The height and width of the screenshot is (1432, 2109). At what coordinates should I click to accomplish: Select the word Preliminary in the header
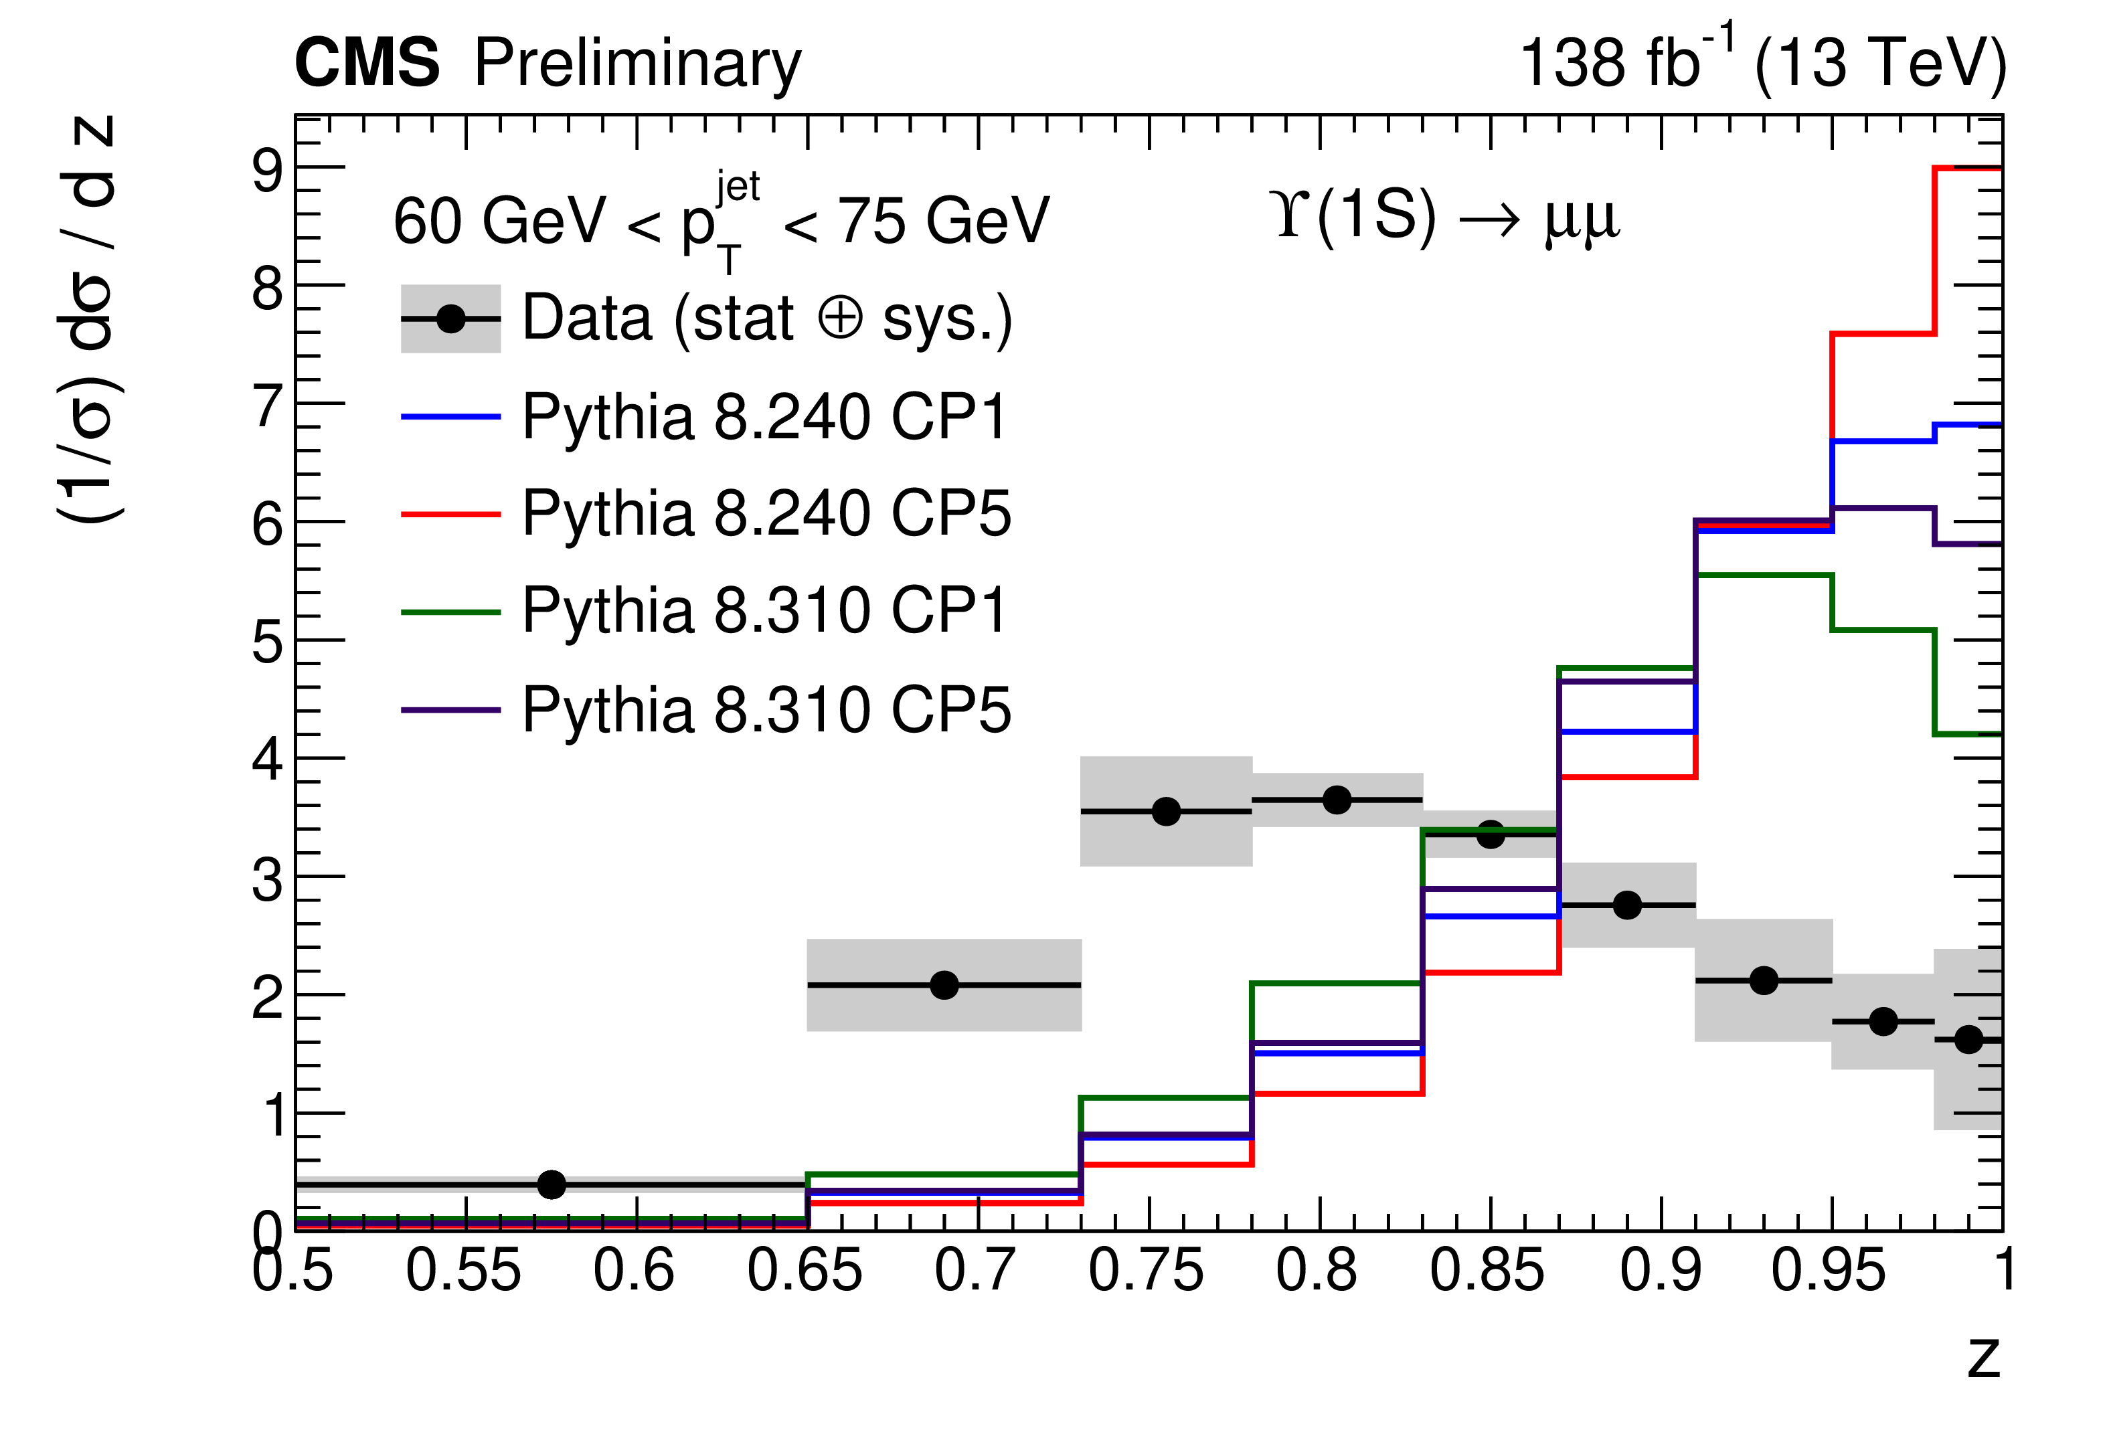[x=637, y=66]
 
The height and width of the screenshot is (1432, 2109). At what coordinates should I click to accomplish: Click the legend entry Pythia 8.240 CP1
[x=765, y=418]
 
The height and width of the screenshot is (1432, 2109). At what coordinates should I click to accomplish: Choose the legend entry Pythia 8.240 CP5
[x=767, y=514]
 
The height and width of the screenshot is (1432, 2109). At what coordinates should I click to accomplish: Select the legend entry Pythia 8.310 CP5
[x=767, y=710]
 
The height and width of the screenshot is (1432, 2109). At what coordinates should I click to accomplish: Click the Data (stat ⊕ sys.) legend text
[x=767, y=319]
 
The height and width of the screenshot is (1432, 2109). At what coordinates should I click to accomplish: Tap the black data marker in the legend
[x=451, y=319]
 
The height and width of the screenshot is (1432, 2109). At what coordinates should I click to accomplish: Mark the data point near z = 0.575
[x=552, y=1184]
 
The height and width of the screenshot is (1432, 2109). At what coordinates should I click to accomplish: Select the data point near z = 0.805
[x=1337, y=800]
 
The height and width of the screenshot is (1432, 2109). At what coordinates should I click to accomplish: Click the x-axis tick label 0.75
[x=1146, y=1271]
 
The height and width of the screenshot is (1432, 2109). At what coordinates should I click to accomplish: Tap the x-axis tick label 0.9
[x=1661, y=1271]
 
